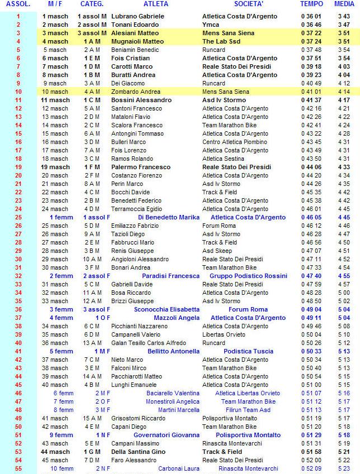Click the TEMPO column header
(311, 4)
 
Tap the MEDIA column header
(343, 4)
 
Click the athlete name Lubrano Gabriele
(138, 16)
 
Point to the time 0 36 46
(311, 25)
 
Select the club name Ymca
(211, 25)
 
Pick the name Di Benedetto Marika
(168, 217)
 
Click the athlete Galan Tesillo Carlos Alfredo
(149, 343)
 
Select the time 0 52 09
(311, 468)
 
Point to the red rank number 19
(18, 167)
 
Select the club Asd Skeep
(217, 251)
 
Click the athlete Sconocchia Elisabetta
(167, 309)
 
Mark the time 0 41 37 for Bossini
(311, 100)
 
